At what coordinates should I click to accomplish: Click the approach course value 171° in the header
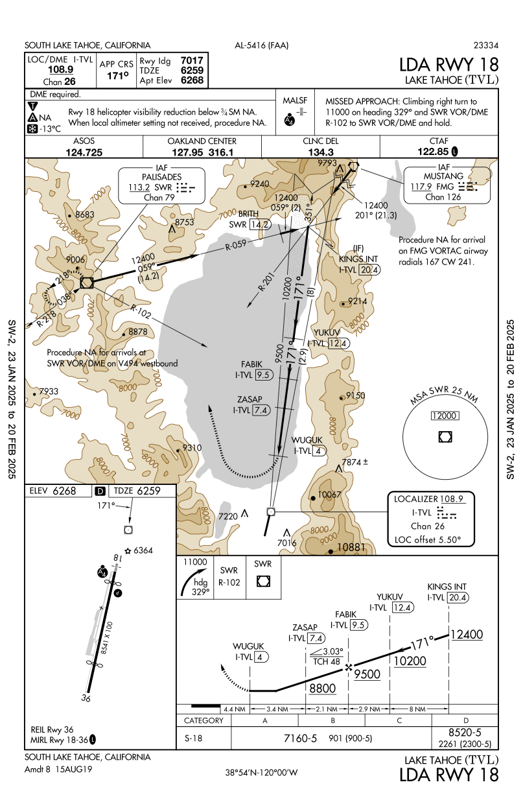[x=117, y=76]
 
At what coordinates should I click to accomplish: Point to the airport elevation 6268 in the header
[x=192, y=81]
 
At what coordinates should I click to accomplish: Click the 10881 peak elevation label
[x=353, y=547]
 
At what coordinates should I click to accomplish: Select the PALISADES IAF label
[x=161, y=176]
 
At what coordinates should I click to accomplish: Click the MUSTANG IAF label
[x=443, y=176]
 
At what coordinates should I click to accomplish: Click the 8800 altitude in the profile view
[x=322, y=688]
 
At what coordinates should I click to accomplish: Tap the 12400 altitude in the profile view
[x=467, y=635]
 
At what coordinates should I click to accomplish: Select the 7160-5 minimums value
[x=300, y=738]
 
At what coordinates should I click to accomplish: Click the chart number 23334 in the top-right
[x=486, y=45]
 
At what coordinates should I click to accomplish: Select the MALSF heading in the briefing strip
[x=295, y=100]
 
